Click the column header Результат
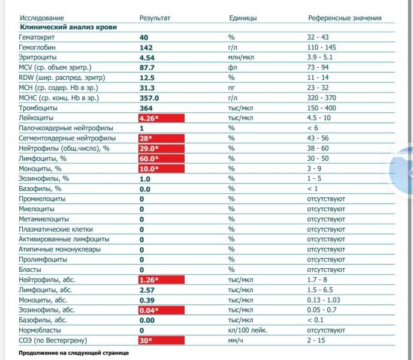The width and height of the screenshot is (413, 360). pyautogui.click(x=155, y=18)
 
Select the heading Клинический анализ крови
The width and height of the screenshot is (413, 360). pyautogui.click(x=68, y=28)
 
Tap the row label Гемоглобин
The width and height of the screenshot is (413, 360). pyautogui.click(x=39, y=47)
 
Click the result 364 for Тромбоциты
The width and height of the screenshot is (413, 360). pyautogui.click(x=146, y=108)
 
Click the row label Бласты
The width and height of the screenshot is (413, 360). pyautogui.click(x=31, y=269)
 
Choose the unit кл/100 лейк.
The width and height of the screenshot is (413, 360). pyautogui.click(x=248, y=330)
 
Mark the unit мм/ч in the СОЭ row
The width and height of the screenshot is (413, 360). pyautogui.click(x=236, y=340)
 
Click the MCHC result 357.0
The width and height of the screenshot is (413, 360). pyautogui.click(x=149, y=98)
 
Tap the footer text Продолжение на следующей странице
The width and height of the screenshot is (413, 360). pyautogui.click(x=74, y=353)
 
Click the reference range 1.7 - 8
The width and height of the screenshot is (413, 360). pyautogui.click(x=319, y=280)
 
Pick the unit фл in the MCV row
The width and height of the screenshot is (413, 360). pyautogui.click(x=233, y=68)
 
